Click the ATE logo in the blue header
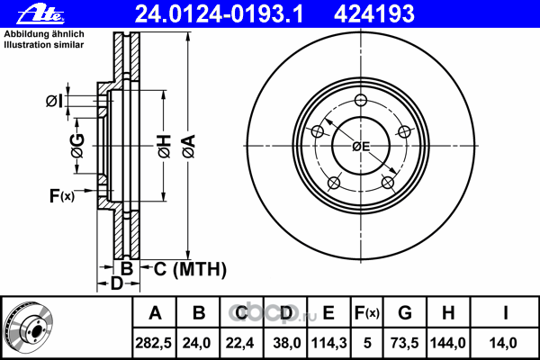(x=40, y=14)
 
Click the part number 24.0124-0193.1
(x=219, y=14)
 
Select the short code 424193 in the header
(x=374, y=14)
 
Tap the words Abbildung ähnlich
(x=44, y=34)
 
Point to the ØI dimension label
(x=54, y=102)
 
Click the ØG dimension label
(x=77, y=146)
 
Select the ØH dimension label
(x=165, y=146)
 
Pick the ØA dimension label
(x=189, y=146)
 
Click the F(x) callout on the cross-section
(x=61, y=196)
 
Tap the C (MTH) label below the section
(x=190, y=269)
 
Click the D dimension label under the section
(x=116, y=283)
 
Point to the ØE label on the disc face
(x=361, y=147)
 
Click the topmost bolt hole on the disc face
(x=361, y=100)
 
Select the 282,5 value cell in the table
(x=154, y=343)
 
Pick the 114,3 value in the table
(x=328, y=343)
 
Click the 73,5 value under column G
(x=405, y=343)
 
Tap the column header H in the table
(x=448, y=313)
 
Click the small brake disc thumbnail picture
(x=28, y=328)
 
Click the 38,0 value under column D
(x=287, y=343)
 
